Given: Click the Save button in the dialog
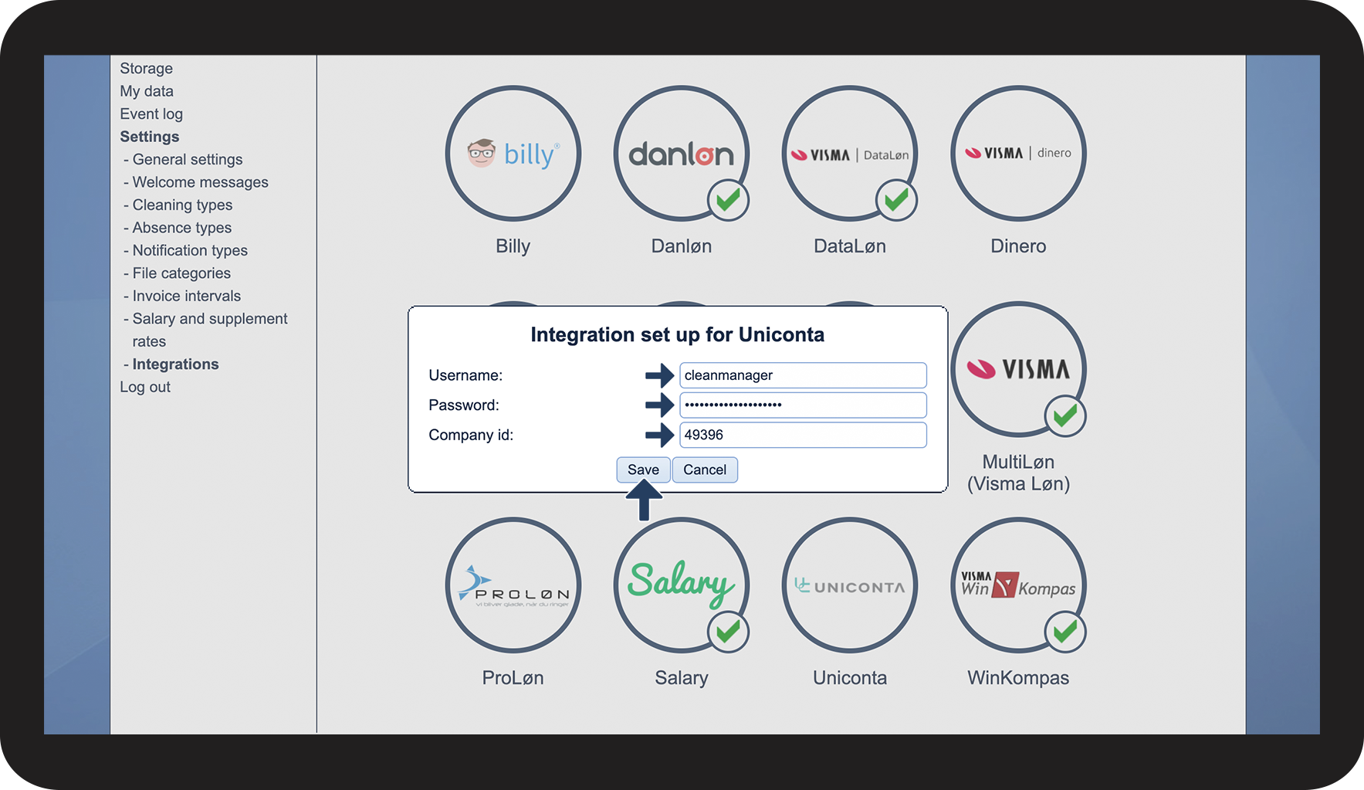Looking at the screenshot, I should pyautogui.click(x=643, y=470).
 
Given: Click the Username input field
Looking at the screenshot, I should pyautogui.click(x=803, y=375).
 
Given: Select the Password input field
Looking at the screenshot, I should pyautogui.click(x=803, y=405).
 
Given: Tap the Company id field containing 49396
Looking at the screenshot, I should pyautogui.click(x=803, y=435).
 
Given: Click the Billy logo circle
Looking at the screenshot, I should pyautogui.click(x=513, y=153).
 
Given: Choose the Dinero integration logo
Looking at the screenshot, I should pyautogui.click(x=1018, y=153).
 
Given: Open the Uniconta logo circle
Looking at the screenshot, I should pyautogui.click(x=849, y=585).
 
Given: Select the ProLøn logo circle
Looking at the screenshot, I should pyautogui.click(x=513, y=585).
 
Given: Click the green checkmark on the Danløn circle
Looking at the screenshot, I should pyautogui.click(x=728, y=201).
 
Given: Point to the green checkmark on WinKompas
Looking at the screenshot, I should pyautogui.click(x=1065, y=632).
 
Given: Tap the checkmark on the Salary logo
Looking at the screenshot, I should pyautogui.click(x=728, y=632).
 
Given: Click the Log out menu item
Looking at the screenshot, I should pyautogui.click(x=145, y=387).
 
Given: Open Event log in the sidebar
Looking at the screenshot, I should pyautogui.click(x=151, y=114).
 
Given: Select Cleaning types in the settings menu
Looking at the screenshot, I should pyautogui.click(x=182, y=205).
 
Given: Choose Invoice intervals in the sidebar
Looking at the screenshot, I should pyautogui.click(x=186, y=296).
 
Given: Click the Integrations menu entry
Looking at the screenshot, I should pyautogui.click(x=175, y=364).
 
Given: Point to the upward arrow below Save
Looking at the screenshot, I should pyautogui.click(x=643, y=500).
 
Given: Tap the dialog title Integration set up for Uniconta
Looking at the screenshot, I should pyautogui.click(x=677, y=334).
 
